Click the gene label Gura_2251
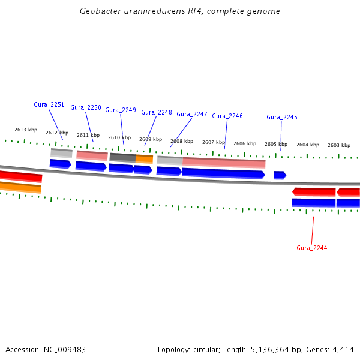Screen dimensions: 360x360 [x=49, y=104]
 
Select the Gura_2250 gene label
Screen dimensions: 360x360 [x=86, y=107]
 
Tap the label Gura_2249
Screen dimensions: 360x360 [x=121, y=110]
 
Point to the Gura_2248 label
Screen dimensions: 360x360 [x=157, y=112]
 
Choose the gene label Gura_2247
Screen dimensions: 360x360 [x=192, y=114]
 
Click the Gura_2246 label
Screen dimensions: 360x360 [x=227, y=116]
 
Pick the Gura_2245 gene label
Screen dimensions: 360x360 [x=282, y=117]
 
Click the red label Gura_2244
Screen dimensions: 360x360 [x=312, y=248]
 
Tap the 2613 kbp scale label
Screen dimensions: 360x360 [x=26, y=130]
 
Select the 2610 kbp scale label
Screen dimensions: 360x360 [x=119, y=137]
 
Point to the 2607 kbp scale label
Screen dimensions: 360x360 [x=214, y=142]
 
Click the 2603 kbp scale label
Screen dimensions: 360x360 [x=339, y=145]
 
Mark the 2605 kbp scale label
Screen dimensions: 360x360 [x=276, y=144]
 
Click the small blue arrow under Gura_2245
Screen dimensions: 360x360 [x=280, y=175]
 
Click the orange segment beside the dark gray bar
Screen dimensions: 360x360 [x=144, y=158]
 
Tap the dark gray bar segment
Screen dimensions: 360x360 [x=122, y=157]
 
